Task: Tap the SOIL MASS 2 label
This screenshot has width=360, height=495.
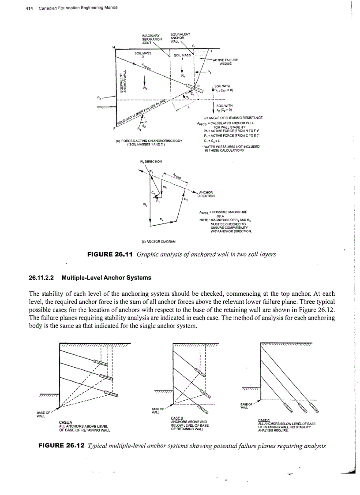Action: tap(143, 54)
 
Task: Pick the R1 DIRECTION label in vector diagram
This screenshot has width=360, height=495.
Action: tap(151, 161)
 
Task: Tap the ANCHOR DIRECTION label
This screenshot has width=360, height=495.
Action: tap(206, 194)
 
